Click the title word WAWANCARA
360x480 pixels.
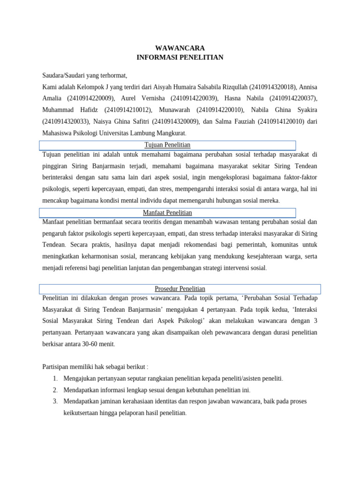[x=180, y=48]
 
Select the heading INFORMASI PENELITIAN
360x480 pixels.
[x=180, y=57]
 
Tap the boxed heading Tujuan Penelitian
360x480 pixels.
[x=167, y=144]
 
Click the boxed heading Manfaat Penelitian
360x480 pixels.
[x=167, y=212]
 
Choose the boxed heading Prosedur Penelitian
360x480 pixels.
[x=180, y=288]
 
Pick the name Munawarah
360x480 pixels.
[x=174, y=110]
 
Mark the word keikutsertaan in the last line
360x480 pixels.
[x=83, y=413]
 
